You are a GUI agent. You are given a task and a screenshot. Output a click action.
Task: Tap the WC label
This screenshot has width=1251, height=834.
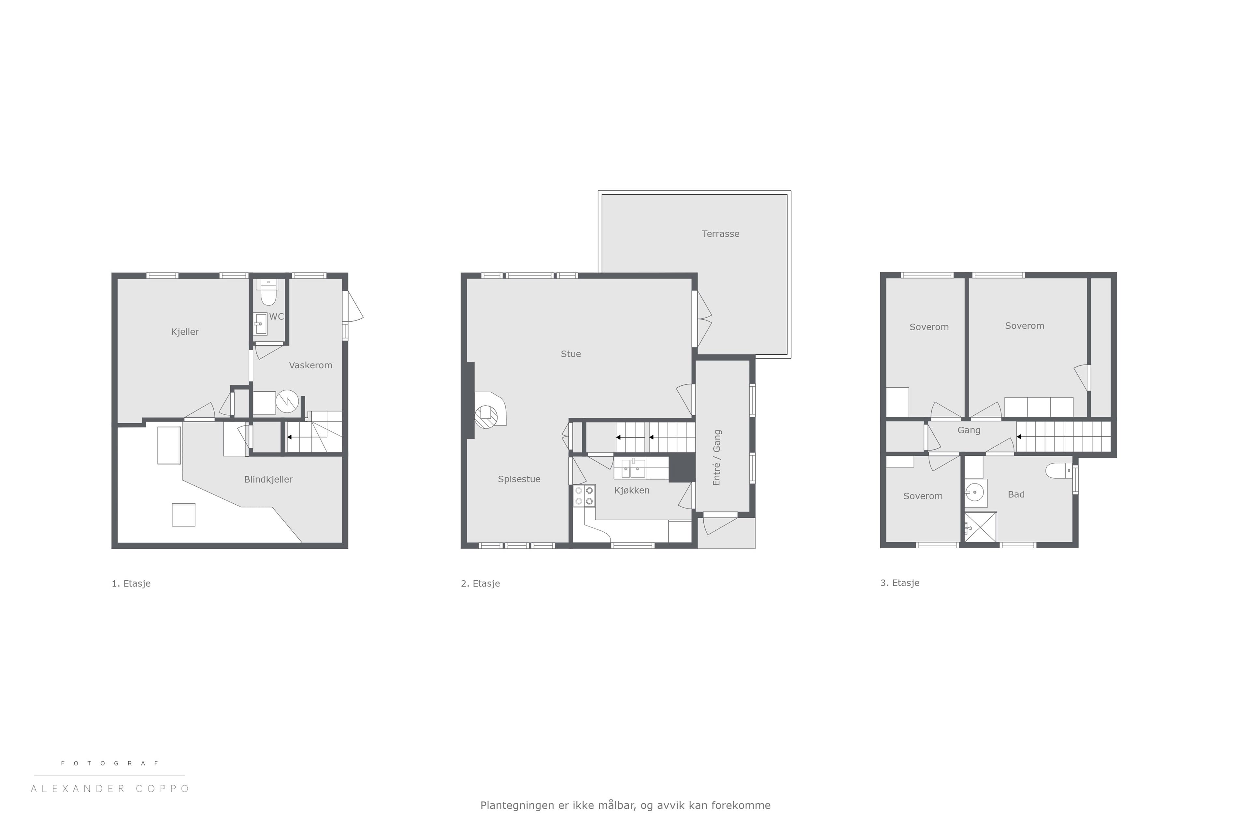coord(276,316)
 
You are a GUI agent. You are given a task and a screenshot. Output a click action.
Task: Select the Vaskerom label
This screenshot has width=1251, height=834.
coord(310,365)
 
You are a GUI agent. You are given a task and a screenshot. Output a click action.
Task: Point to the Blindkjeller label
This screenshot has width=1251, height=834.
coord(268,479)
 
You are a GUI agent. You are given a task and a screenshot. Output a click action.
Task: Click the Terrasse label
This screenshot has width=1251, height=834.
coord(720,234)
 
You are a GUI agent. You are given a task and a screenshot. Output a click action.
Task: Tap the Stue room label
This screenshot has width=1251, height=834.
coord(571,354)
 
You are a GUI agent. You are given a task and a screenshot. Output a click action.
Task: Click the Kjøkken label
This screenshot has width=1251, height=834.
coord(632,490)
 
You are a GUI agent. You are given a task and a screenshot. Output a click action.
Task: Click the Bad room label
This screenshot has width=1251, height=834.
coord(1016,495)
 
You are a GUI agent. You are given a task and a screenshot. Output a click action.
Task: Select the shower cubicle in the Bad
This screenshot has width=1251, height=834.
coord(980,526)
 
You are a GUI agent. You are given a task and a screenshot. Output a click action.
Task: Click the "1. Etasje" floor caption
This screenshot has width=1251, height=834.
coord(131,583)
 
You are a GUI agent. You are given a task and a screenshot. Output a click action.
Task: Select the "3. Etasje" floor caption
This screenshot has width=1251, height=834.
coord(899,583)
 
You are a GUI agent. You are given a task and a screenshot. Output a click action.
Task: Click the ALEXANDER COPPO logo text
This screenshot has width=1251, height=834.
coord(110,788)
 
